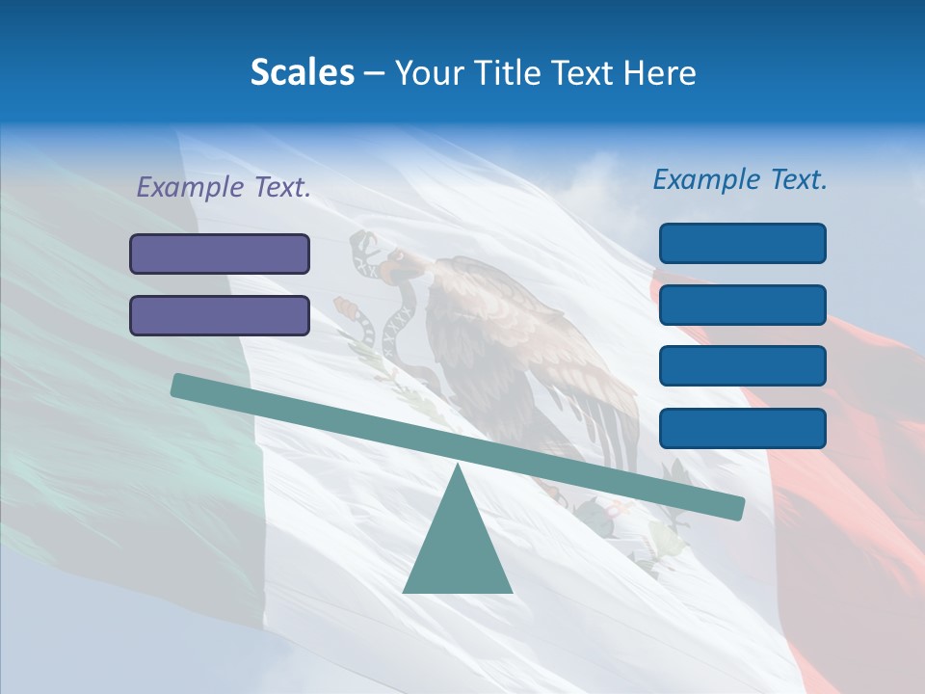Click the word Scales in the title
302,73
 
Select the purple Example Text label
224,188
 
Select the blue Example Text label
740,179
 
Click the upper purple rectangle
220,254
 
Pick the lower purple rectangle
220,315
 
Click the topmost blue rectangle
742,243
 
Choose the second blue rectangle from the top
742,305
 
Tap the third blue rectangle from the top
742,366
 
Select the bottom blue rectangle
742,428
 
